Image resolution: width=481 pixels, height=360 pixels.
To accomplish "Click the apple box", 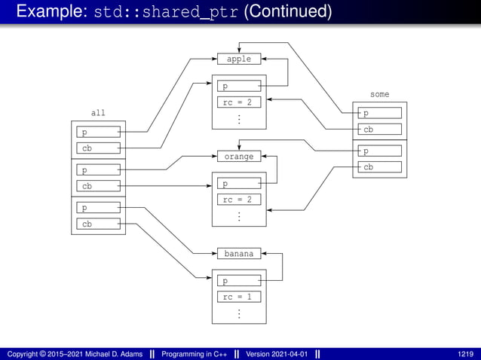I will pos(239,59).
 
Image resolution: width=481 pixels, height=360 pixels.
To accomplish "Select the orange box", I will pos(239,157).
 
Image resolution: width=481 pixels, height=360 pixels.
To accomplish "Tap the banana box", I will pos(239,254).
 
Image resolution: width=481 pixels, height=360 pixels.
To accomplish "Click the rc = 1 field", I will pos(239,297).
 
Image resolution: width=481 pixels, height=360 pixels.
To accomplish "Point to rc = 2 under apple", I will pos(239,102).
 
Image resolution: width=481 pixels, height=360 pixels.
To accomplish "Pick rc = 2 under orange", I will pos(239,200).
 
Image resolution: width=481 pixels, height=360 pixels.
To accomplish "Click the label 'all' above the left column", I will pos(98,113).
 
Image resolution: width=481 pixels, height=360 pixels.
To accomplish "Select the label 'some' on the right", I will pos(380,94).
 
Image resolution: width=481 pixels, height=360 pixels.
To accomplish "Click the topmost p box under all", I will pos(98,133).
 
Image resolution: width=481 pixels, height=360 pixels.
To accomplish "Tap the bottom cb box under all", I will pos(98,224).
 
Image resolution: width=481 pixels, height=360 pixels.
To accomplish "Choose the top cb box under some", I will pos(379,130).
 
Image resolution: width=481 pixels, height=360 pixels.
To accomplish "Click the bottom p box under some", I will pos(379,151).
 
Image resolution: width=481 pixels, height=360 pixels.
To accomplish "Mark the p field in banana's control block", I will pos(239,281).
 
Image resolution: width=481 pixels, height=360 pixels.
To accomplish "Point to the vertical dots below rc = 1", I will pos(239,313).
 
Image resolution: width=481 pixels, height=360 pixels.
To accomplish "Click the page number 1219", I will pos(465,353).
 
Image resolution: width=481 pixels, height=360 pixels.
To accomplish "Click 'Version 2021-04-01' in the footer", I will pos(277,353).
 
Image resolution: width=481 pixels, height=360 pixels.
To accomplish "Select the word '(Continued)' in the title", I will pos(287,12).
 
